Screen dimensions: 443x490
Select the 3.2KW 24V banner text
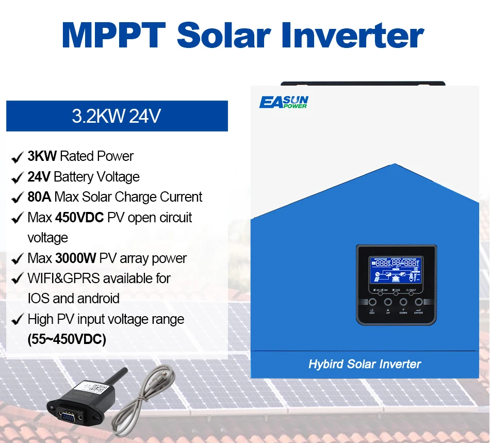[117, 116]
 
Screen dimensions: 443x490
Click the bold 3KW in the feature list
[42, 156]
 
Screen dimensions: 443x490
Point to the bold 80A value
[40, 197]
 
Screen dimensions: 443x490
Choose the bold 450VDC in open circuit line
[79, 218]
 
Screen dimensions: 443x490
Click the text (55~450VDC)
[67, 340]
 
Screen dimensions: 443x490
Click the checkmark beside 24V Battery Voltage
[17, 177]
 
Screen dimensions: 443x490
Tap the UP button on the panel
[388, 302]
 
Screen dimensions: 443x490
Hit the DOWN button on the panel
[403, 302]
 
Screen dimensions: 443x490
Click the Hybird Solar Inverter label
[365, 364]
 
